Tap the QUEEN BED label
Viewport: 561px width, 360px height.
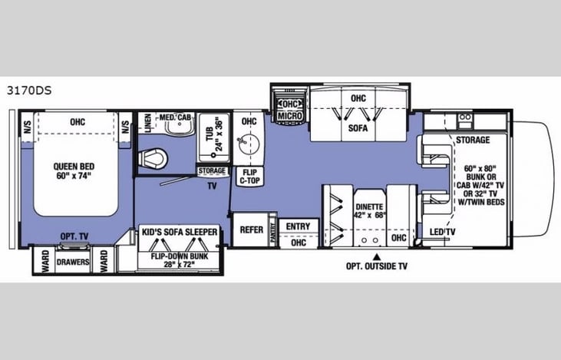(x=74, y=169)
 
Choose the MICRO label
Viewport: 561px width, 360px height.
(x=289, y=115)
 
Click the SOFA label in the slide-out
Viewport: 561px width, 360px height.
(x=358, y=128)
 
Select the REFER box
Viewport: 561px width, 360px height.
(x=252, y=229)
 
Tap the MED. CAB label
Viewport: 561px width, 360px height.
(x=175, y=117)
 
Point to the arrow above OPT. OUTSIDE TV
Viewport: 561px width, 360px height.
(x=376, y=256)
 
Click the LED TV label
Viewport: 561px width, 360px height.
(x=440, y=233)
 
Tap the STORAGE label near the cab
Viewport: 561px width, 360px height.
(x=473, y=141)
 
